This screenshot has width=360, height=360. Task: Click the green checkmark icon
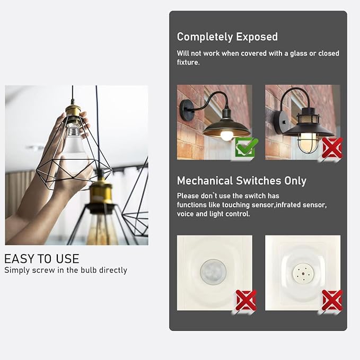point(247,147)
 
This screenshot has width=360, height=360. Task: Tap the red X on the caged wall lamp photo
point(332,147)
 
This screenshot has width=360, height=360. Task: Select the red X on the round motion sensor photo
point(246,300)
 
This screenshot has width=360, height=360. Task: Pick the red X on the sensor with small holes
point(332,300)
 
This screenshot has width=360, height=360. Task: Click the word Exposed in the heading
point(257,37)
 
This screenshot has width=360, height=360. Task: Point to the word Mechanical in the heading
point(205,181)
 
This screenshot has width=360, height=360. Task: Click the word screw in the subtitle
point(43,270)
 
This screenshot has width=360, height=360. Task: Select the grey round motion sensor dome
point(213,272)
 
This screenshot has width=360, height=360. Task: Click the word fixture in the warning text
point(188,63)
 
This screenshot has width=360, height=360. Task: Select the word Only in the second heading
point(295,181)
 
